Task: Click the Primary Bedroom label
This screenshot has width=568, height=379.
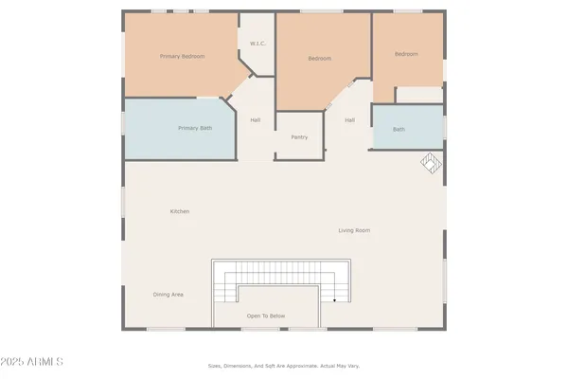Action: pyautogui.click(x=183, y=57)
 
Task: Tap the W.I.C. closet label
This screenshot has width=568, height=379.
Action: pyautogui.click(x=257, y=44)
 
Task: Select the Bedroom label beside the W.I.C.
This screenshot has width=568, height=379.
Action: pyautogui.click(x=319, y=59)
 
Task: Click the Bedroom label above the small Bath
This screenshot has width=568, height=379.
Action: pyautogui.click(x=406, y=54)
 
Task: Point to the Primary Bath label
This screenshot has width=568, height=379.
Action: pyautogui.click(x=196, y=128)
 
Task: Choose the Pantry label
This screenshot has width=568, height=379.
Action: pyautogui.click(x=299, y=137)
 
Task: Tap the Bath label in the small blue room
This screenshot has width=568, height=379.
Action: pyautogui.click(x=399, y=129)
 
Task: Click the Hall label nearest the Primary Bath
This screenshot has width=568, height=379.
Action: pyautogui.click(x=255, y=120)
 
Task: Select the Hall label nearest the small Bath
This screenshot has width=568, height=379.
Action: pyautogui.click(x=349, y=120)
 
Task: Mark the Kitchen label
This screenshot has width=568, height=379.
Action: pyautogui.click(x=180, y=211)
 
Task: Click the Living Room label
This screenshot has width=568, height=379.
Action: pyautogui.click(x=354, y=230)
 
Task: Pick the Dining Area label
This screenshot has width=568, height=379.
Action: pyautogui.click(x=169, y=295)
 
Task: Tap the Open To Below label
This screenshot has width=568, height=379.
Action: pyautogui.click(x=266, y=316)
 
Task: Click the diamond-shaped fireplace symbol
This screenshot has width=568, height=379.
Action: pyautogui.click(x=431, y=163)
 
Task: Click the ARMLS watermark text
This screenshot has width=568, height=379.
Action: pyautogui.click(x=43, y=362)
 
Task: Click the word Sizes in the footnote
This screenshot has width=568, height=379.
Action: pyautogui.click(x=215, y=366)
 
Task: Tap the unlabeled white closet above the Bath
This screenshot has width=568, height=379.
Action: pyautogui.click(x=418, y=95)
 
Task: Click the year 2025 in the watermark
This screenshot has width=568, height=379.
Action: pyautogui.click(x=18, y=362)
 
